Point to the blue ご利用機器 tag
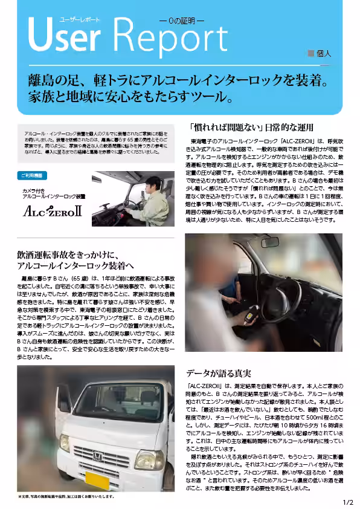pyautogui.click(x=32, y=175)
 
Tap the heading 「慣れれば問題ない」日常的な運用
pyautogui.click(x=251, y=128)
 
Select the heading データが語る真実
pyautogui.click(x=218, y=373)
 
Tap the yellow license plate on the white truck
pyautogui.click(x=97, y=481)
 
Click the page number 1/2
pyautogui.click(x=348, y=502)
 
